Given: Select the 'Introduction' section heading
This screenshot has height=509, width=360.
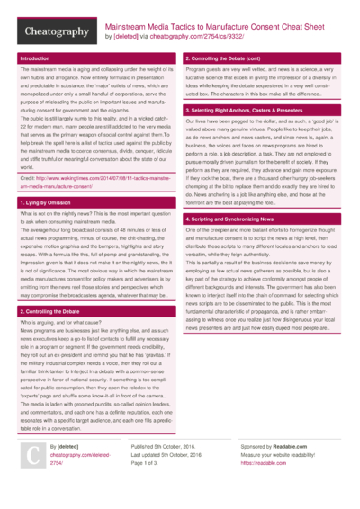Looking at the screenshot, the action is pyautogui.click(x=35, y=58).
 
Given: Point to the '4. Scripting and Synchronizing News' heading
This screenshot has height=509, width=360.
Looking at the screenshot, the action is pyautogui.click(x=229, y=219).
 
